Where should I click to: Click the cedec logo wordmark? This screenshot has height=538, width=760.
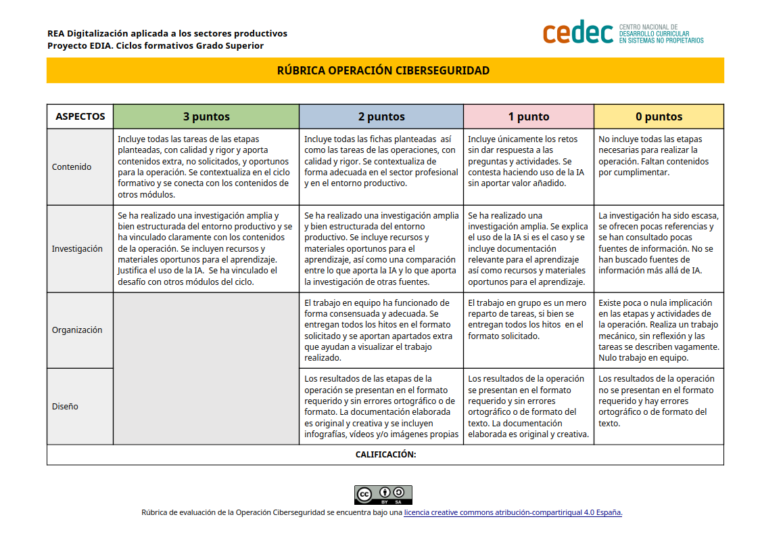tap(578, 32)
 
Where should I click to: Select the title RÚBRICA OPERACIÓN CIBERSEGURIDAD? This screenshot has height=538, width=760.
tap(383, 70)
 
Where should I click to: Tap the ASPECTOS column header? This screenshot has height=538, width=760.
tap(80, 116)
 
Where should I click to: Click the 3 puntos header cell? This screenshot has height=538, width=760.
tap(206, 116)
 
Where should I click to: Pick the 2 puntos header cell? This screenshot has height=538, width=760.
tap(381, 116)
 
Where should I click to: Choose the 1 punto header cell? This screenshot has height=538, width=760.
tap(529, 116)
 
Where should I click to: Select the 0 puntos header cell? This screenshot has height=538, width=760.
tap(659, 116)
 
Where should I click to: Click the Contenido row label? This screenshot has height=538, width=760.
tap(72, 166)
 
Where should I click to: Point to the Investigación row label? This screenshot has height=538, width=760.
tap(77, 248)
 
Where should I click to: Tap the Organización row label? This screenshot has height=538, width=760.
tap(77, 330)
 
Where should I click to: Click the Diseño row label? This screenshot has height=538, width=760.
tap(65, 406)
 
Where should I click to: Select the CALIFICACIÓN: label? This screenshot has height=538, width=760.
tap(385, 455)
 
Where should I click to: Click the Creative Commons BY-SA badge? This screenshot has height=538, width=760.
tap(383, 495)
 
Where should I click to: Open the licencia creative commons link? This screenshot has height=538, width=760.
tap(513, 512)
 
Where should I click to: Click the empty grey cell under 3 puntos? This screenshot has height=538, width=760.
tap(206, 368)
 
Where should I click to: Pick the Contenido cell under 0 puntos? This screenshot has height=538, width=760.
tap(659, 166)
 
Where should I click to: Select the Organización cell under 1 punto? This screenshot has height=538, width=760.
tap(529, 330)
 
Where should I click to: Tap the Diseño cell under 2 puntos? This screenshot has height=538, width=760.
tap(381, 406)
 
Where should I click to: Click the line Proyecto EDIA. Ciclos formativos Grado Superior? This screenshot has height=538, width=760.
tap(156, 45)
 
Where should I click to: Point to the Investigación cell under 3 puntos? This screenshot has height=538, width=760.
tap(206, 248)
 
